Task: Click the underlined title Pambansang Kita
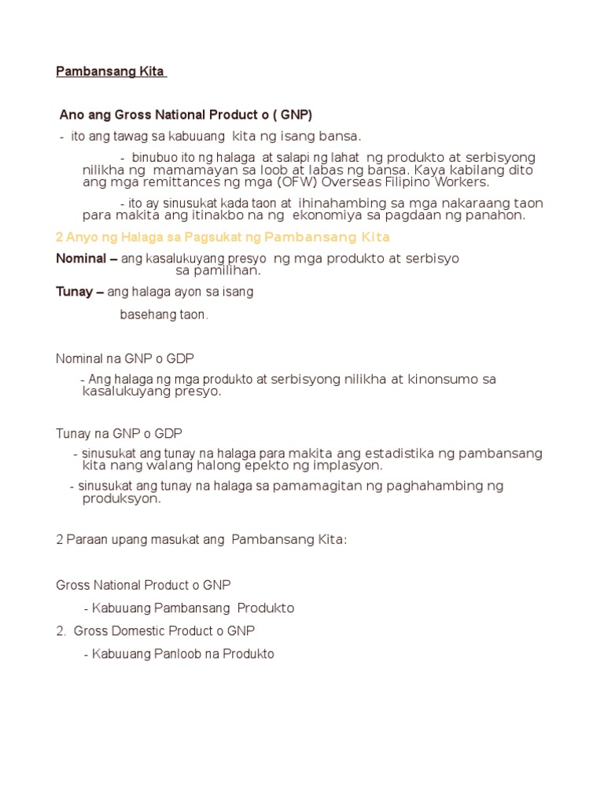109,72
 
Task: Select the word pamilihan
218,270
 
